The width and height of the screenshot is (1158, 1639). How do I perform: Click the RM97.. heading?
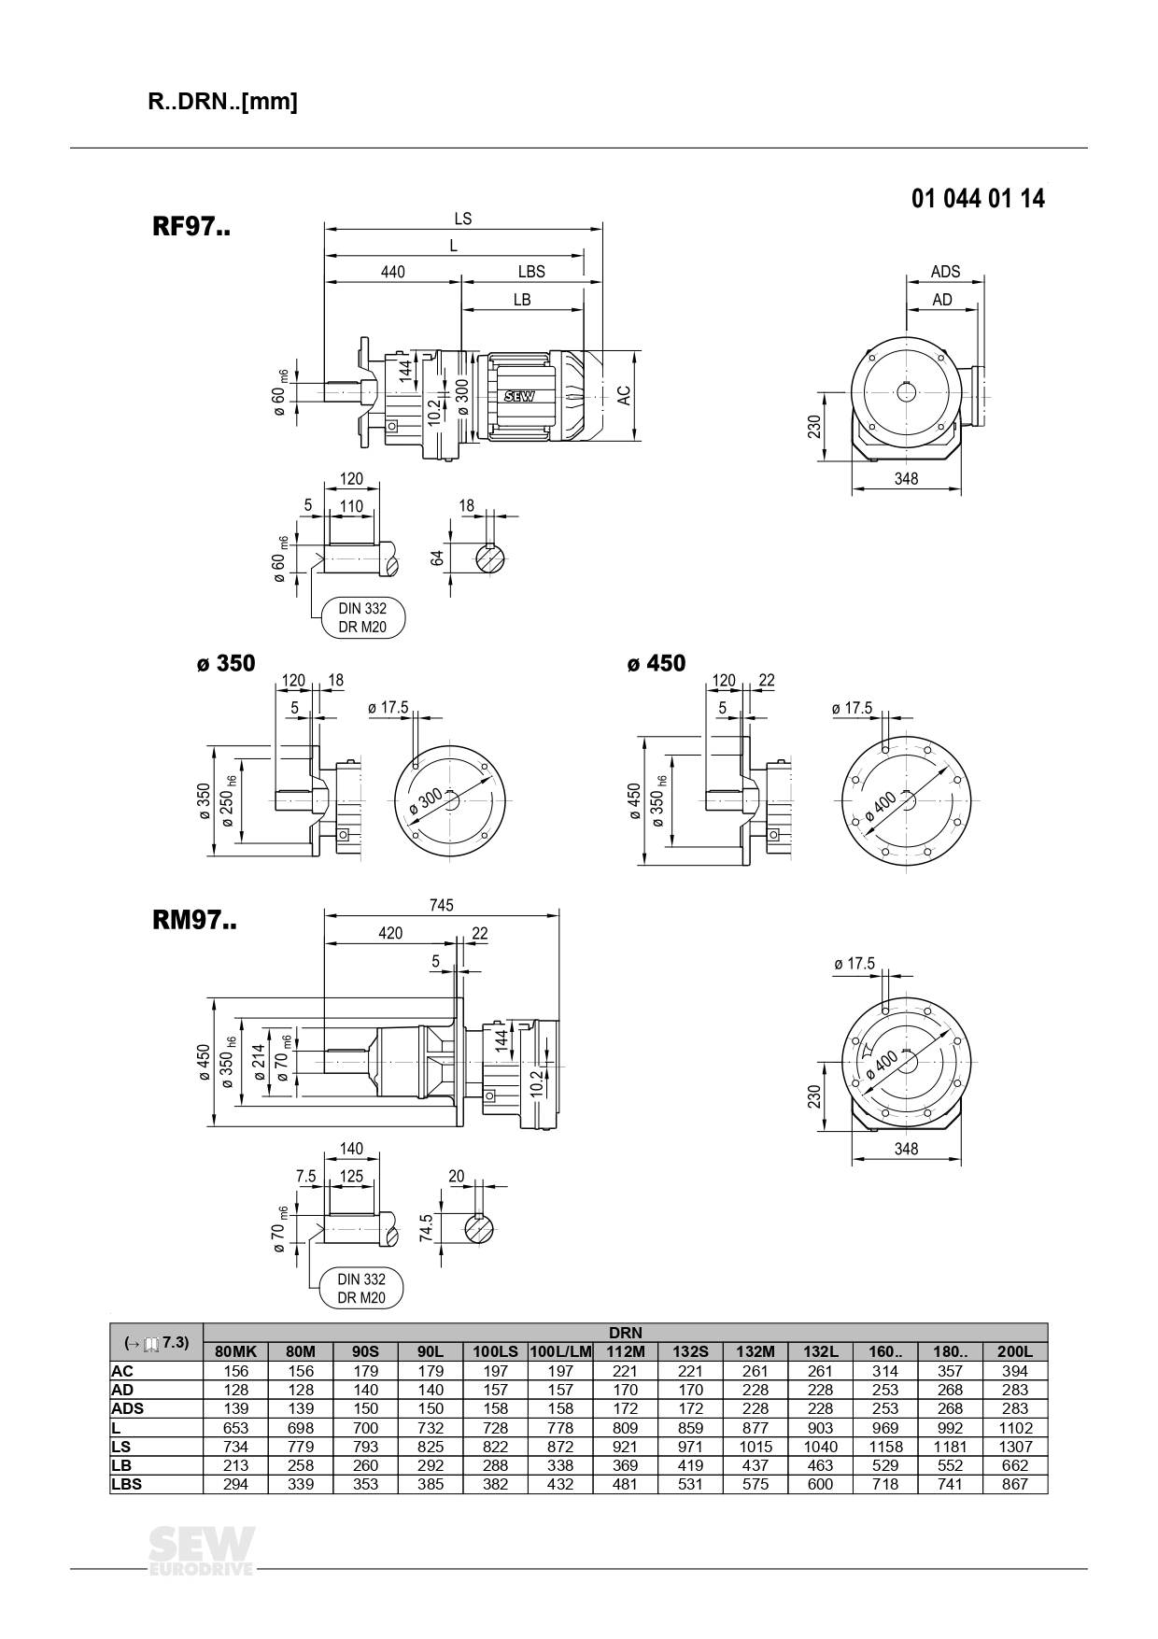click(194, 921)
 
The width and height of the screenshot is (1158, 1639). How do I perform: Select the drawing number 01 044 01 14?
click(978, 199)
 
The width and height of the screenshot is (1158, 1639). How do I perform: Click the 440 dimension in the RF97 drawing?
click(393, 272)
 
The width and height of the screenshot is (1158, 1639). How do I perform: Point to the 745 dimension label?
click(441, 905)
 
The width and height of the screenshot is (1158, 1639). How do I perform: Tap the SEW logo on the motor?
click(518, 396)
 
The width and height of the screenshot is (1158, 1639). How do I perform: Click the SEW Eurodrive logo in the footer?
click(201, 1552)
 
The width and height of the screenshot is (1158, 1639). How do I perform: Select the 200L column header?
click(1014, 1351)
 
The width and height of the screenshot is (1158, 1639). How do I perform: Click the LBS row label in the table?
click(126, 1484)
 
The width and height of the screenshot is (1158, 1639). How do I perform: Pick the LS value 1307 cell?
click(1014, 1447)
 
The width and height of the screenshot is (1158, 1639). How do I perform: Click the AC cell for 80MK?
click(235, 1371)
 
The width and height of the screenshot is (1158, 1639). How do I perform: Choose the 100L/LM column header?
click(560, 1351)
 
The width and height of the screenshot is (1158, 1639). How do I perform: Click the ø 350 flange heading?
click(226, 664)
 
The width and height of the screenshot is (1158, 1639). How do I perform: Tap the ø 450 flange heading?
click(657, 664)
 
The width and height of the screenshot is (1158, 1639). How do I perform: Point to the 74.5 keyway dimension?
click(426, 1229)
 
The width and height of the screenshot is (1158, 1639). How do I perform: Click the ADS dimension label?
click(945, 272)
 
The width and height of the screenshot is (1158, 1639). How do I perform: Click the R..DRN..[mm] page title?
click(222, 102)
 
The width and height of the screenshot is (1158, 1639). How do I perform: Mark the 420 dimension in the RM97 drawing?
click(390, 933)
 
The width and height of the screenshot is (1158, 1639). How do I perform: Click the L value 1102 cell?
click(1014, 1428)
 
